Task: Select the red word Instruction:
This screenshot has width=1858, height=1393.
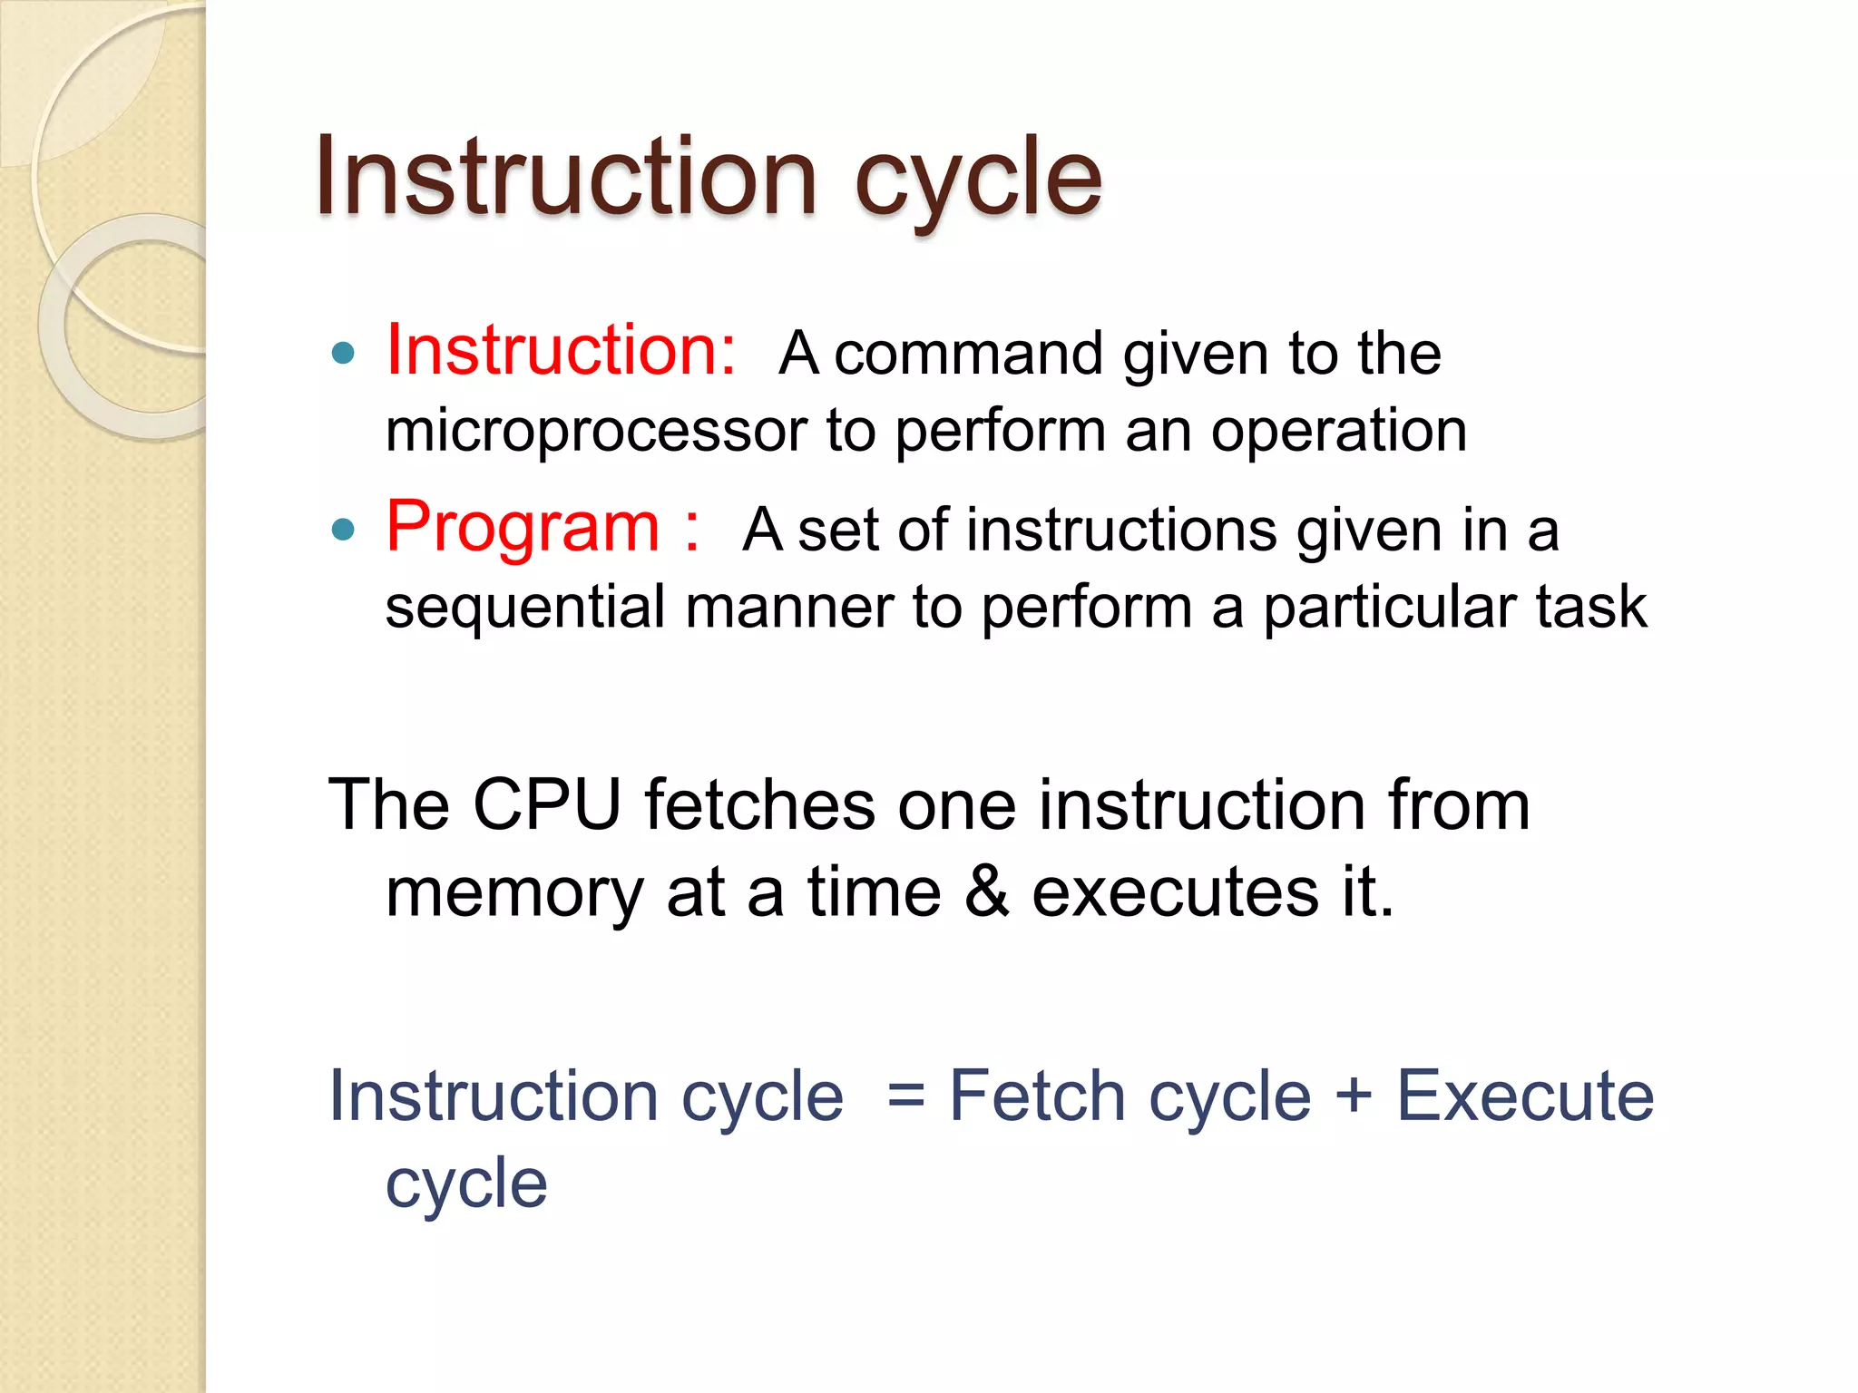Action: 561,350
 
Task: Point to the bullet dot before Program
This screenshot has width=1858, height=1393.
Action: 343,529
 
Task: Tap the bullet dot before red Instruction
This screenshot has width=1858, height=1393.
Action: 343,353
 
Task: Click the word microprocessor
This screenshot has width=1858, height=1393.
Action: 596,432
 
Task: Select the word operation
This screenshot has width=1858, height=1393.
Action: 1338,430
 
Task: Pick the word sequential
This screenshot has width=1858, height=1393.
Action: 525,608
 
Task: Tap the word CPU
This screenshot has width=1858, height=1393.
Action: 547,804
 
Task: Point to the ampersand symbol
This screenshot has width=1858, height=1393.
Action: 986,891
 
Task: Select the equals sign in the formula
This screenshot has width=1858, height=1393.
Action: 905,1096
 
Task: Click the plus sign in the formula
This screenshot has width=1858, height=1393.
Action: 1353,1094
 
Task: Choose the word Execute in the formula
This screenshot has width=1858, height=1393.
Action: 1525,1096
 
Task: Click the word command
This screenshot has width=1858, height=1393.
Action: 968,354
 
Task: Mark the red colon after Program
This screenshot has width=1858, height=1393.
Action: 692,529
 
